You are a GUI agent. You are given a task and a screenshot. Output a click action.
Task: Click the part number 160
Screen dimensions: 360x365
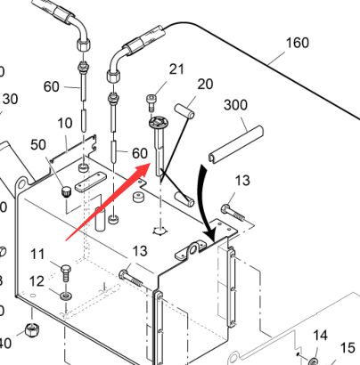tap(298, 43)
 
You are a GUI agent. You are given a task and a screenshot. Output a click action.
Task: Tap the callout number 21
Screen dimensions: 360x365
tap(176, 69)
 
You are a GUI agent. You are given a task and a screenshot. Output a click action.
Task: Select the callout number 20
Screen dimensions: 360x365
tap(205, 85)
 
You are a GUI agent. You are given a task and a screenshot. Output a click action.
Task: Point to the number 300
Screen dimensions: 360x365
tap(235, 105)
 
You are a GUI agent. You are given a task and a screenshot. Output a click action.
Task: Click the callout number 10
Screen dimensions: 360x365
tap(64, 123)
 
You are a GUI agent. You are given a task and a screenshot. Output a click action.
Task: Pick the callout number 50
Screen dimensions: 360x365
tap(38, 145)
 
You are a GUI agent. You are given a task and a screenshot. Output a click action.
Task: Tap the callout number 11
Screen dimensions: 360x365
tap(37, 255)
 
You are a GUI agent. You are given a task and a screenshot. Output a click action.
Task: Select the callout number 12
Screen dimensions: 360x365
tap(37, 281)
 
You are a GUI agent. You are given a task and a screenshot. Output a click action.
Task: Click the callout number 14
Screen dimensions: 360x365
tap(321, 336)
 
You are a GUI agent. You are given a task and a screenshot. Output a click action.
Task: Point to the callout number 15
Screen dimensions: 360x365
tap(348, 348)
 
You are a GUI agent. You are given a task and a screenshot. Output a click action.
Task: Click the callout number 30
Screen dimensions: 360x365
tap(11, 99)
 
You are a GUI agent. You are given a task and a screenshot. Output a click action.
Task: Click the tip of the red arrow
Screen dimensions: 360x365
tap(150, 164)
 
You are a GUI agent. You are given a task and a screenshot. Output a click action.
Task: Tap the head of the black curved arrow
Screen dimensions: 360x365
tap(213, 239)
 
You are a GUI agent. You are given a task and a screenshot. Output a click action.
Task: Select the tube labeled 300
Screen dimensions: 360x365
tap(236, 144)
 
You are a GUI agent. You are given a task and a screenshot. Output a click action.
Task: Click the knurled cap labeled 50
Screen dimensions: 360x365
tap(66, 191)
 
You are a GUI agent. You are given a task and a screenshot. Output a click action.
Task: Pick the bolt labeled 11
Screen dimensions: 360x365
tap(66, 273)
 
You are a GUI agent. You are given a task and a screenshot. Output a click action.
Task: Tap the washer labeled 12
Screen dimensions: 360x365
tap(66, 296)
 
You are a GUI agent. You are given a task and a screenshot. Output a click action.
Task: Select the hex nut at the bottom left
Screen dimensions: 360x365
tap(32, 329)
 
